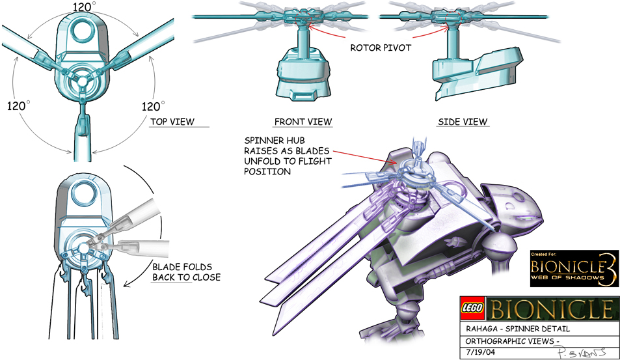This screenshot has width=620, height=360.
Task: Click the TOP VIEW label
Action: [172, 122]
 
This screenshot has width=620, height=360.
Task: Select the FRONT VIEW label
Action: [303, 122]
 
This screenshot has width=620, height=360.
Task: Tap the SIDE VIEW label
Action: [463, 122]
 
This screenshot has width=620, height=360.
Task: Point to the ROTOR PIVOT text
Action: [381, 48]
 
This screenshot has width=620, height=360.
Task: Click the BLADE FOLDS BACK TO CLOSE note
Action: [186, 272]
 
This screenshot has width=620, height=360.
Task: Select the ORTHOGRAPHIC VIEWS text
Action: [507, 340]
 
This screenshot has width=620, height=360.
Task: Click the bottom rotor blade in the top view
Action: [83, 133]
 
